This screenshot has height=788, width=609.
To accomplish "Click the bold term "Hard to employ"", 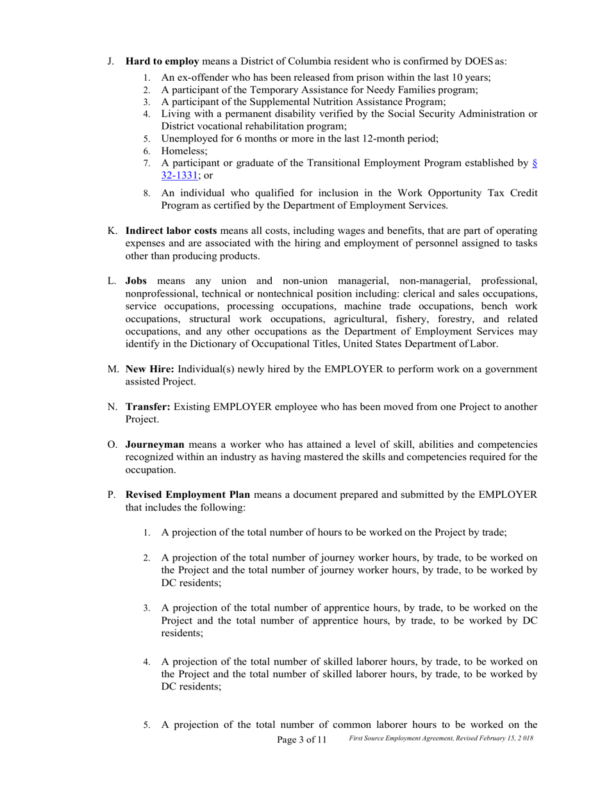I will pyautogui.click(x=162, y=62).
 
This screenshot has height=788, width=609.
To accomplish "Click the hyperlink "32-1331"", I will pyautogui.click(x=179, y=175).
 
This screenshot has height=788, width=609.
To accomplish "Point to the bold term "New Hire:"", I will pyautogui.click(x=150, y=369).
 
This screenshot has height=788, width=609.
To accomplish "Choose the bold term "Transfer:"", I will pyautogui.click(x=148, y=407).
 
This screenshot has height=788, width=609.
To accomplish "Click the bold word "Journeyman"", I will pyautogui.click(x=154, y=445).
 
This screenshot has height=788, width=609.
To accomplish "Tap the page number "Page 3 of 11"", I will pyautogui.click(x=301, y=740).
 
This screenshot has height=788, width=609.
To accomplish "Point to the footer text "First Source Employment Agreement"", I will pyautogui.click(x=408, y=739).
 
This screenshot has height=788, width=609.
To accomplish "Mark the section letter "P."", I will pyautogui.click(x=112, y=495).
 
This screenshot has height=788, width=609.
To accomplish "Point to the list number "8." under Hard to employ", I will pyautogui.click(x=147, y=193).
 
